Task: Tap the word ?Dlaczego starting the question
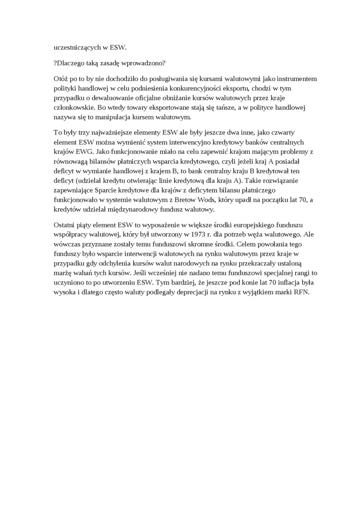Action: pyautogui.click(x=71, y=63)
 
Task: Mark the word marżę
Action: pyautogui.click(x=62, y=273)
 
